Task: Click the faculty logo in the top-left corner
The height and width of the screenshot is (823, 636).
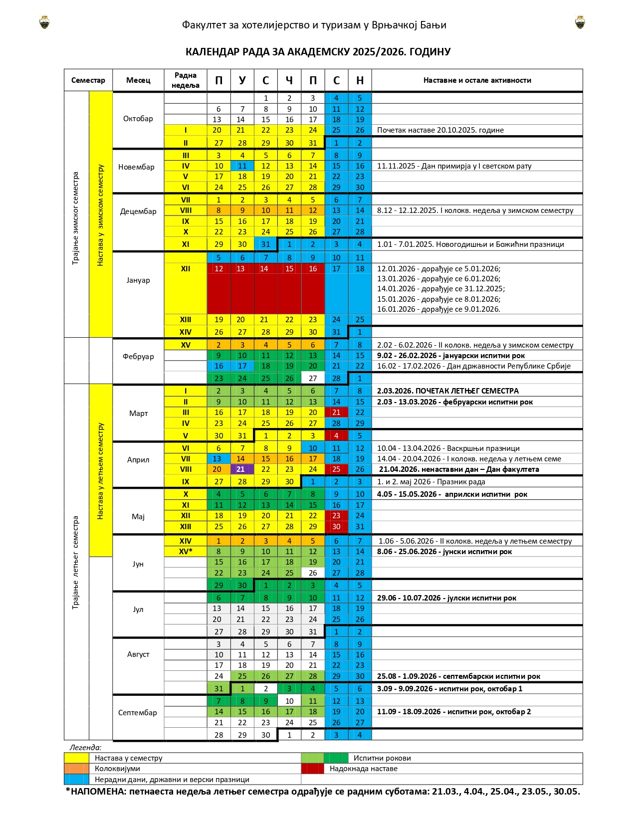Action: point(44,22)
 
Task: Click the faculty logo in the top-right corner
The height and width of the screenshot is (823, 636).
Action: point(580,22)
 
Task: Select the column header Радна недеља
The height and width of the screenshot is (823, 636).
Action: point(185,80)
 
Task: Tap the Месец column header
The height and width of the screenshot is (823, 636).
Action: point(138,80)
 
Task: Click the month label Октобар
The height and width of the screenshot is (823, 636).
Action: point(138,119)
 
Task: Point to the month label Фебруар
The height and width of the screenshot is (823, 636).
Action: point(138,357)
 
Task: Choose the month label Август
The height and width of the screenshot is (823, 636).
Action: point(138,654)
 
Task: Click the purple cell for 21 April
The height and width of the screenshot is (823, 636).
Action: point(242,469)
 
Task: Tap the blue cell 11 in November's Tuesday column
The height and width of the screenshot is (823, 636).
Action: point(242,166)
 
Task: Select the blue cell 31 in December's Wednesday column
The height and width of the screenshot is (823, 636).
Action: point(265,244)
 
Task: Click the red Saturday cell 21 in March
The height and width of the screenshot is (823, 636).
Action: point(336,412)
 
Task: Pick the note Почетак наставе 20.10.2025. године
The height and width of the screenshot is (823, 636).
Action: point(440,130)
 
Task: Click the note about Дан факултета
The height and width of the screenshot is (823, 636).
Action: point(458,469)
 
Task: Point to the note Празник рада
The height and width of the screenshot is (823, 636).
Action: point(431,482)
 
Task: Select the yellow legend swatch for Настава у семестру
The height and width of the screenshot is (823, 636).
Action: point(76,758)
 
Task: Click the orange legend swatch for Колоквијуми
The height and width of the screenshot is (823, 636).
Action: point(76,769)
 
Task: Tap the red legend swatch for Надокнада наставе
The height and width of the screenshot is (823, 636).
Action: point(312,769)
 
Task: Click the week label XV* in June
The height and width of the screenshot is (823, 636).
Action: point(185,552)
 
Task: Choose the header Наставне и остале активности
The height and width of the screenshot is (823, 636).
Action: point(477,80)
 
